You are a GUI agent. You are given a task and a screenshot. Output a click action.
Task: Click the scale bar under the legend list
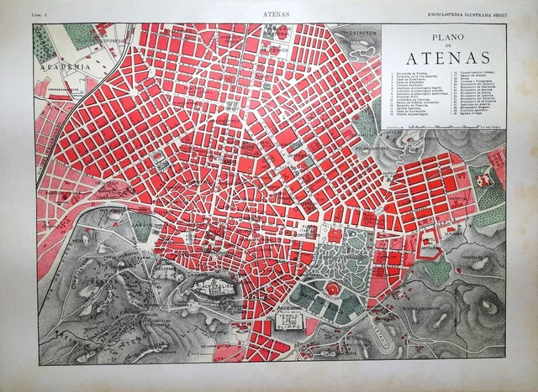pos(445,124)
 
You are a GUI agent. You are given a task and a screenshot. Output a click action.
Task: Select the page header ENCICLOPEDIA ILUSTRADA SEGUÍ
pos(474,14)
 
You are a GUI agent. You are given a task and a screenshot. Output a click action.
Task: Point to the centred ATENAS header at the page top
pos(272,14)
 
